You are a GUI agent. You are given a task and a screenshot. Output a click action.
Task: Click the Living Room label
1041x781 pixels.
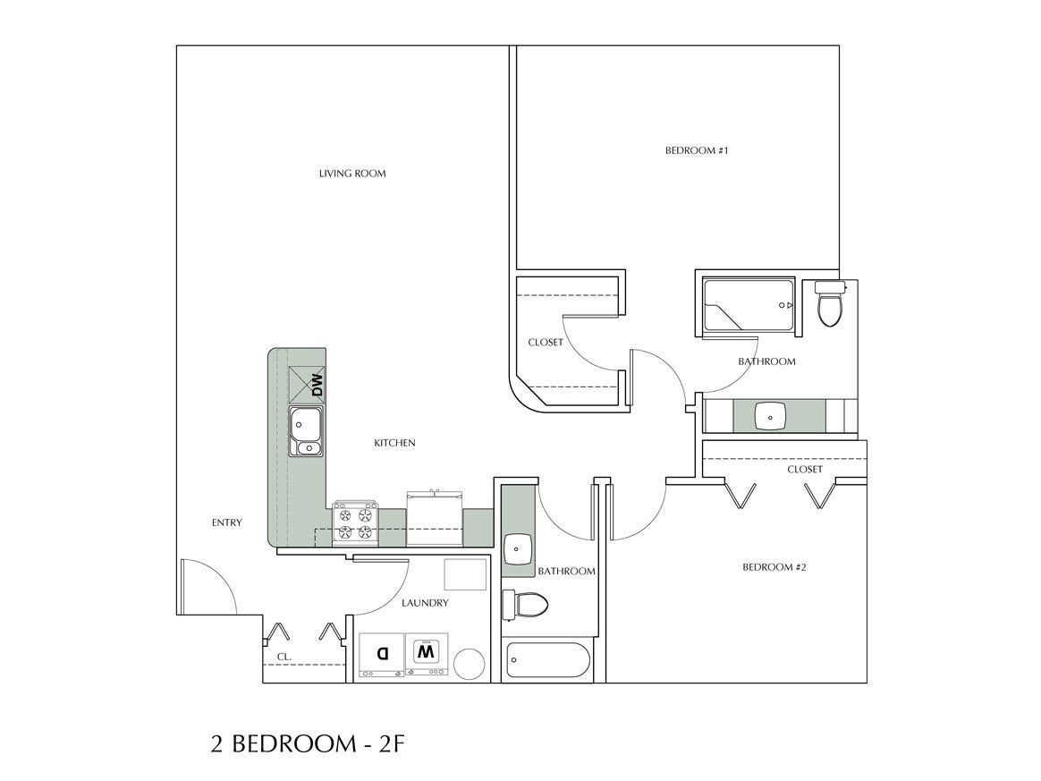(352, 174)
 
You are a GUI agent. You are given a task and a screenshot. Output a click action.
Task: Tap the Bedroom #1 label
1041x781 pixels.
(697, 151)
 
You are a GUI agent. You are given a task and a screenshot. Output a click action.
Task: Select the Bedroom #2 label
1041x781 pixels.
(774, 567)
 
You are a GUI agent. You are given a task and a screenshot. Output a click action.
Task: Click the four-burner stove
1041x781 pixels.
(353, 524)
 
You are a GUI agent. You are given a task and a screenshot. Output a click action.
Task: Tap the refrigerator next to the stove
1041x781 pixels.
(434, 519)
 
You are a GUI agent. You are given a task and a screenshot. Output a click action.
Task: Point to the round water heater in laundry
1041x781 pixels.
(470, 664)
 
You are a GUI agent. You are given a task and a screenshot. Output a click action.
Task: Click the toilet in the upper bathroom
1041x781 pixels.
(830, 306)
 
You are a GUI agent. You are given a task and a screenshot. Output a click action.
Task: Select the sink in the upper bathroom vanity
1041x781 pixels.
(770, 416)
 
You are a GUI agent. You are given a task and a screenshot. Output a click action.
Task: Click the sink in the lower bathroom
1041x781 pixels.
(519, 548)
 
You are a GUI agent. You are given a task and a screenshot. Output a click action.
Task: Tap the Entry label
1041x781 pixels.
(226, 523)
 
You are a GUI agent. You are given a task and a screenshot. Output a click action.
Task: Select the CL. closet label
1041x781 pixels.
(284, 658)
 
